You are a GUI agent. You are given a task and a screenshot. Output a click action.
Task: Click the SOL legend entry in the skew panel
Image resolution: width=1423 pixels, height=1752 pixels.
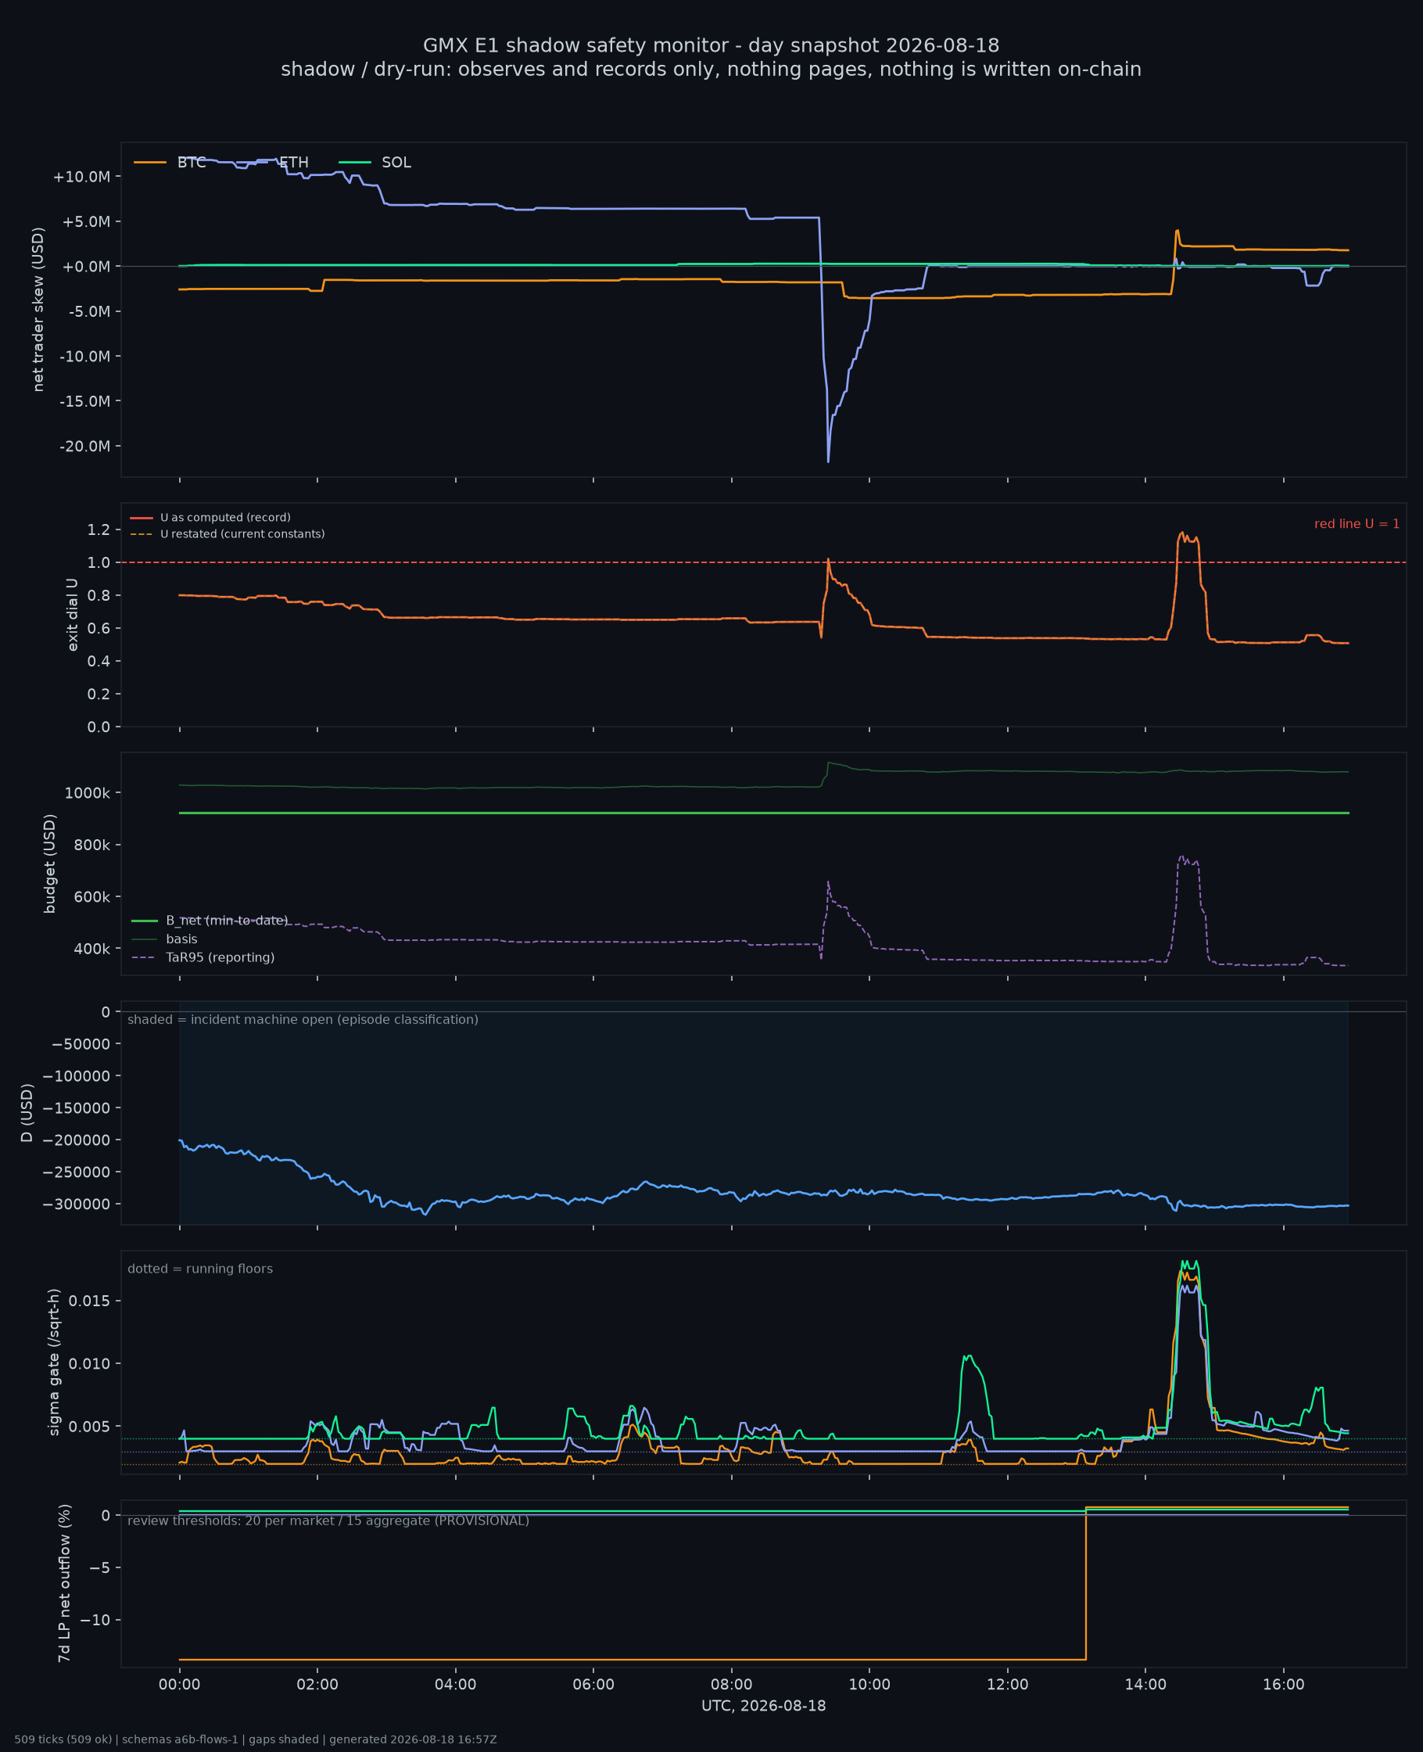375,163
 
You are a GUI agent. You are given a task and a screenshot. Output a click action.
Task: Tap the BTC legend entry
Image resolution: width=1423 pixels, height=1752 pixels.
170,163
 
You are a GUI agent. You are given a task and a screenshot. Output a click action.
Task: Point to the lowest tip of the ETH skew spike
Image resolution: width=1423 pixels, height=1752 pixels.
828,462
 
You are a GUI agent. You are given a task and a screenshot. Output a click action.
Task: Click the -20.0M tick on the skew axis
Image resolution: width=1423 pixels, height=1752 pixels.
86,446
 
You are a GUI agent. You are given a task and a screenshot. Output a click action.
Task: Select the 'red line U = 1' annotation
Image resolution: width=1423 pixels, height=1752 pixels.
1357,524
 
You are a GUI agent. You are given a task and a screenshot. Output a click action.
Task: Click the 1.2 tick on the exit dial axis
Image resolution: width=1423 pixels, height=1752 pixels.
99,530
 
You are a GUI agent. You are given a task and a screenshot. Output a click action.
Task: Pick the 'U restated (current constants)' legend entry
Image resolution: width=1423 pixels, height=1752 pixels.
227,533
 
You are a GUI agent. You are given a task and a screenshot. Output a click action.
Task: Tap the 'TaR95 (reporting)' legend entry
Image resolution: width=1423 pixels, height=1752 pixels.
203,957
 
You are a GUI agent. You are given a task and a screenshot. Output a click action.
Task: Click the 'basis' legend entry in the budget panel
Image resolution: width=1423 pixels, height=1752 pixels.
164,939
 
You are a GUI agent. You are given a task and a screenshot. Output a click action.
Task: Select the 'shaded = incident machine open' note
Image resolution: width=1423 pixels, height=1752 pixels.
303,1020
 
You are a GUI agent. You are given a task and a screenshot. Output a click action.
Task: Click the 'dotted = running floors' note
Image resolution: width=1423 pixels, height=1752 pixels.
200,1269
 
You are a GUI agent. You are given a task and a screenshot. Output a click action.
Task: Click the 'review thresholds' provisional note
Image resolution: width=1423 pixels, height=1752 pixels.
328,1520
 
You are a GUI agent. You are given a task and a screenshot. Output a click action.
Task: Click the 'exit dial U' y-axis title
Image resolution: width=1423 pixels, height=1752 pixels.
72,615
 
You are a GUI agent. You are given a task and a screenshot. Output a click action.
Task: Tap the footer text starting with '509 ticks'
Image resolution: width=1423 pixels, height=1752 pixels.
255,1739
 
